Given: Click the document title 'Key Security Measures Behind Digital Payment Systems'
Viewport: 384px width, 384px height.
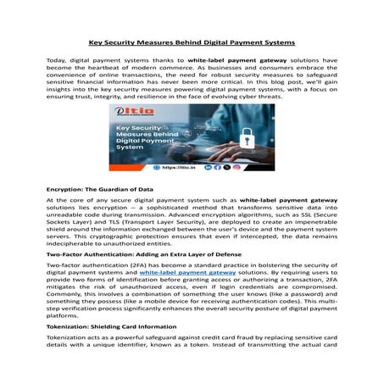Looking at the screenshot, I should [x=192, y=41].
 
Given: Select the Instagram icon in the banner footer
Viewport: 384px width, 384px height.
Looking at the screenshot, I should [x=237, y=167].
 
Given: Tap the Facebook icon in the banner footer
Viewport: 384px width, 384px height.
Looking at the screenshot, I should [x=217, y=167].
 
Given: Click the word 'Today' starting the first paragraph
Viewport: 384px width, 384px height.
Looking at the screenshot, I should [x=56, y=62].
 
